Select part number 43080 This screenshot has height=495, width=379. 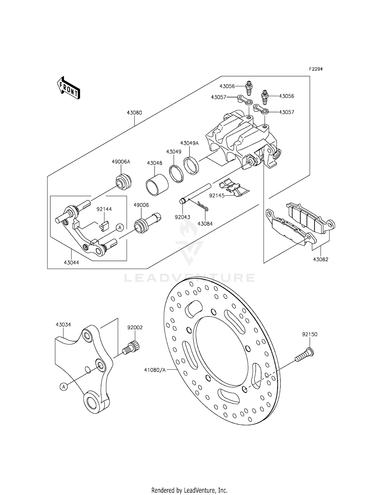pyautogui.click(x=134, y=113)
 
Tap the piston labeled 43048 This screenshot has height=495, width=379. pyautogui.click(x=157, y=185)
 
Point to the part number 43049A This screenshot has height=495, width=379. pyautogui.click(x=189, y=143)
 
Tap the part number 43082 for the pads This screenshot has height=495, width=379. pyautogui.click(x=321, y=259)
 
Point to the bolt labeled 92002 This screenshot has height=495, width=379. pyautogui.click(x=132, y=347)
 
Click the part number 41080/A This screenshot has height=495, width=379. pyautogui.click(x=155, y=370)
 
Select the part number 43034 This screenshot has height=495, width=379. pyautogui.click(x=63, y=325)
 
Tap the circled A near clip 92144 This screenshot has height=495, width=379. pyautogui.click(x=120, y=228)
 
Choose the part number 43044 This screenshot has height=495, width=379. pyautogui.click(x=71, y=263)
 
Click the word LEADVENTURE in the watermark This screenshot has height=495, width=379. pyautogui.click(x=189, y=278)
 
